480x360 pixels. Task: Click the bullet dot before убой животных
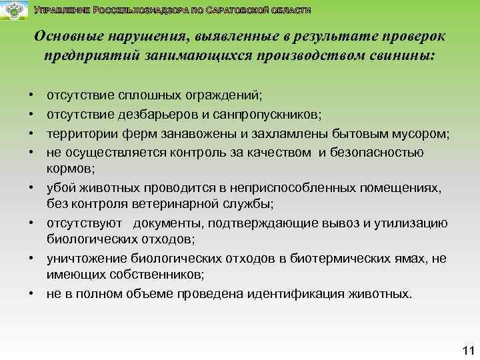31,188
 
